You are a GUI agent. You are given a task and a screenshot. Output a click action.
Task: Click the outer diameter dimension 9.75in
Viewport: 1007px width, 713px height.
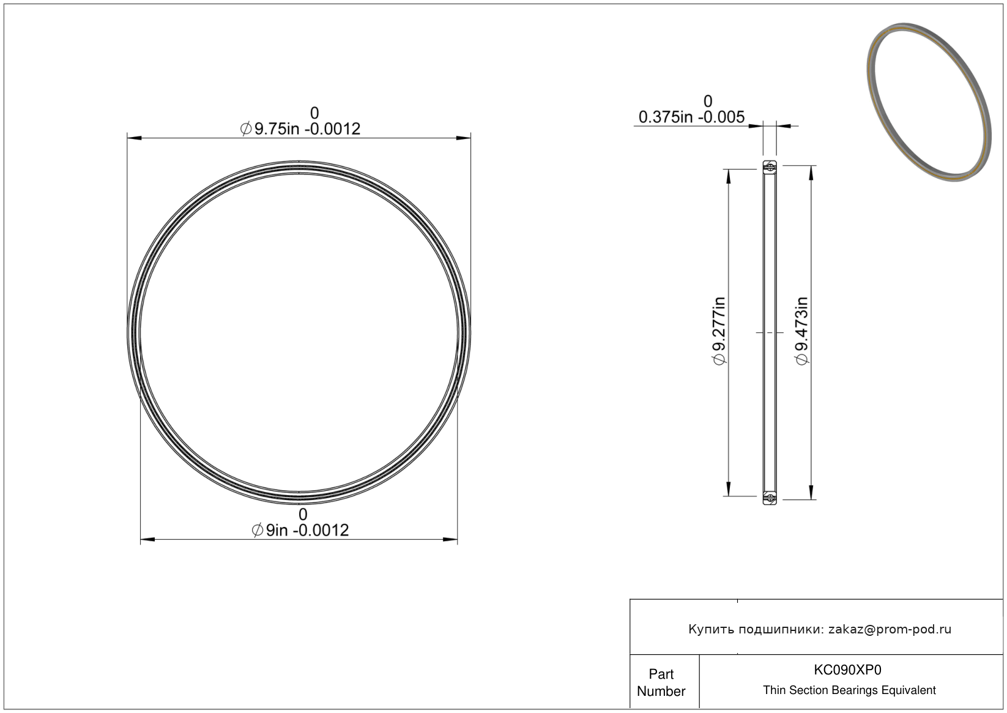click(277, 129)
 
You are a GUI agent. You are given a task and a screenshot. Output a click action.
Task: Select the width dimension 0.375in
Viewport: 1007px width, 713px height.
click(666, 118)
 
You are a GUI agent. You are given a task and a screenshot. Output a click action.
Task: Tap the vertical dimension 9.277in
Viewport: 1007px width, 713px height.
click(719, 331)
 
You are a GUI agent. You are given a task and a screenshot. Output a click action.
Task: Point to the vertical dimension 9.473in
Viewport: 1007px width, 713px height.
click(801, 331)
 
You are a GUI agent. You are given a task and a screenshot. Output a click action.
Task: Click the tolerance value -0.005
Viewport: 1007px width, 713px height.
click(721, 118)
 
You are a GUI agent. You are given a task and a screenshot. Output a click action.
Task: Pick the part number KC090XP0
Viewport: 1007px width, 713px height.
click(847, 670)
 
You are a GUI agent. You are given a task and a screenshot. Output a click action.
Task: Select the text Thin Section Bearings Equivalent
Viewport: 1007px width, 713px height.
click(849, 690)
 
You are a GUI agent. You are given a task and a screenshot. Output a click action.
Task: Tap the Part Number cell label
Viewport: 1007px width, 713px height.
click(661, 682)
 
